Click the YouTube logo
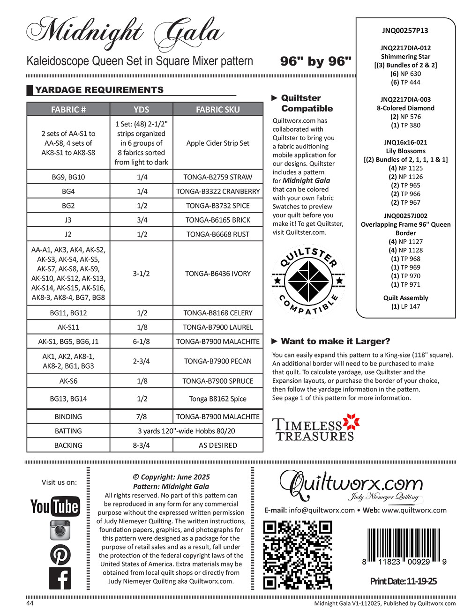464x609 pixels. [55, 506]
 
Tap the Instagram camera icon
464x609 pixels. [60, 530]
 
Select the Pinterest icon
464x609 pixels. [60, 555]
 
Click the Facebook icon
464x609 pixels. [60, 579]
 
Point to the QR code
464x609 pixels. [298, 555]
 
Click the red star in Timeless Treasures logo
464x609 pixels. [351, 422]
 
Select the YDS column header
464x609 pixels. [141, 110]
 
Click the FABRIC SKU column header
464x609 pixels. [217, 110]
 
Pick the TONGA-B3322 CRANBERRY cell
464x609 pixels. [217, 191]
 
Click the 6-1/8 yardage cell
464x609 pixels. [141, 342]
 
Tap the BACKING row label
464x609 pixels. [68, 445]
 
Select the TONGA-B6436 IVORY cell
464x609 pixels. [217, 274]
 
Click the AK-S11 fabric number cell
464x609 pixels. [68, 327]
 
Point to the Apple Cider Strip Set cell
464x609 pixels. [217, 143]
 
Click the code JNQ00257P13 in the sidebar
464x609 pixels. [405, 31]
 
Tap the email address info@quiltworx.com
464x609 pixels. [322, 510]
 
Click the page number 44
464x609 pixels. [30, 603]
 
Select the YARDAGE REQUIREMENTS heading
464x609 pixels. [99, 90]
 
